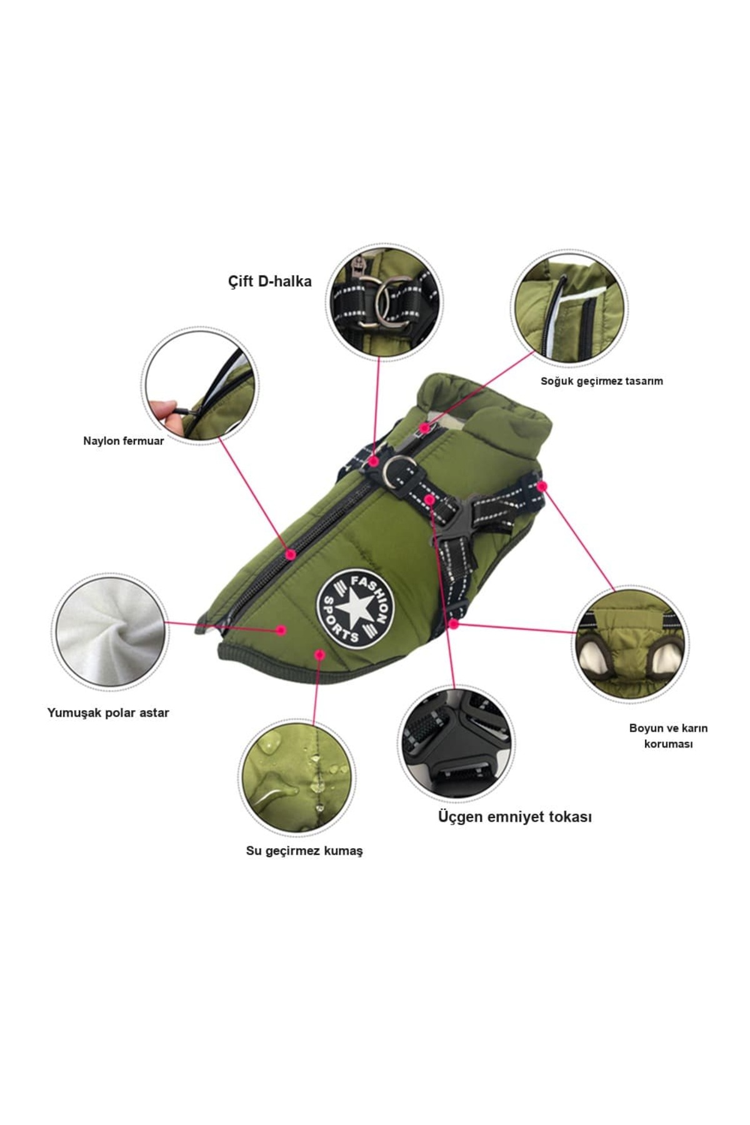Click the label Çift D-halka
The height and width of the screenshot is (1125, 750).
[269, 281]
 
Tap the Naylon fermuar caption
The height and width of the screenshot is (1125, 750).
[124, 441]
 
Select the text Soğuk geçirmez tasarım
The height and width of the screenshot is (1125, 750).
[601, 381]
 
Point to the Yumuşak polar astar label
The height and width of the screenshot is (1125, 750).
[108, 712]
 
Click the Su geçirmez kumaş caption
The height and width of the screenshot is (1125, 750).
[304, 851]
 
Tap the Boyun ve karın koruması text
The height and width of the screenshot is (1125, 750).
[668, 736]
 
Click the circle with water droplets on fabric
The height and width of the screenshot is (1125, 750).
[297, 778]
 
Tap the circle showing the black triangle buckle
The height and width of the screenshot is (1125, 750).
[456, 743]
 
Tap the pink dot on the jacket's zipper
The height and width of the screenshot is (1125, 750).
[289, 554]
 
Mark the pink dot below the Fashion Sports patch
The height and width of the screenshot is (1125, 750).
[320, 654]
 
